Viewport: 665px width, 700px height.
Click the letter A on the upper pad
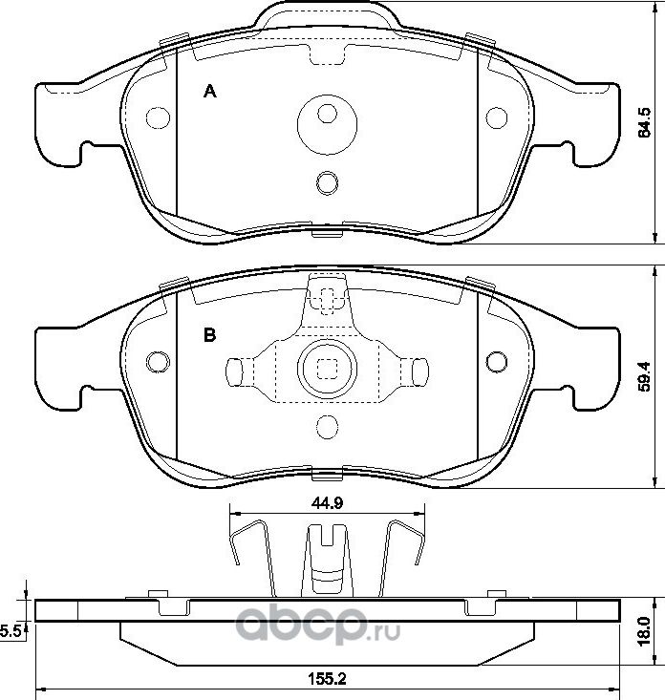(x=211, y=92)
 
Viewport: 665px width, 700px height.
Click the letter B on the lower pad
(x=210, y=335)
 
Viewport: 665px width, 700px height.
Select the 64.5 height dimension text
(x=644, y=121)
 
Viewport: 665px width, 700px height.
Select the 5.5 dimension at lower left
(x=11, y=630)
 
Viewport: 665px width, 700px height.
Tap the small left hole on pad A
(x=156, y=117)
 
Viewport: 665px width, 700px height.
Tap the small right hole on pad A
(x=495, y=117)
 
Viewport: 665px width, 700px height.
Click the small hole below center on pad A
(x=326, y=181)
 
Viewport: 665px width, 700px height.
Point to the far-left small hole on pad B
(x=157, y=362)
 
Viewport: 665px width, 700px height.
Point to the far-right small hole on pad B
(x=495, y=362)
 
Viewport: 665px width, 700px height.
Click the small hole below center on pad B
(x=326, y=427)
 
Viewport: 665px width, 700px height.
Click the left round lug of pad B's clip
(x=235, y=369)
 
